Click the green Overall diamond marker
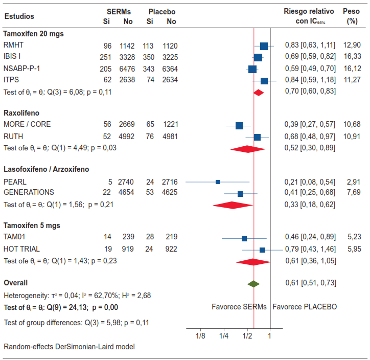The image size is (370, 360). pos(253,283)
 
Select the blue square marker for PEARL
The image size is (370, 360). pos(218,182)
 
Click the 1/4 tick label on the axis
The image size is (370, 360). pos(224,335)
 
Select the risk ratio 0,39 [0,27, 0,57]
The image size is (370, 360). pos(310,125)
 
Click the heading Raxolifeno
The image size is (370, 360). pos(21,112)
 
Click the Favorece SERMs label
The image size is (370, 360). pos(239,307)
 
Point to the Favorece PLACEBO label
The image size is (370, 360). pos(305,307)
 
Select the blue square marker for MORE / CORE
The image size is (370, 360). pos(239,125)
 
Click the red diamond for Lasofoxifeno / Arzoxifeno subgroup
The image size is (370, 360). pos(233,205)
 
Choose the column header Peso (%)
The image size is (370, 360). pos(352,16)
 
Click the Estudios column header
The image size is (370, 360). pos(19,16)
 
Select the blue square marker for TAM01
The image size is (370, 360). pos(244,238)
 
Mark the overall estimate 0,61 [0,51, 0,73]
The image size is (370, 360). pos(310,283)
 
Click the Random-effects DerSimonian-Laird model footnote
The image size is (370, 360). pos(69,347)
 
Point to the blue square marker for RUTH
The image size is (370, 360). pos(257,137)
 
